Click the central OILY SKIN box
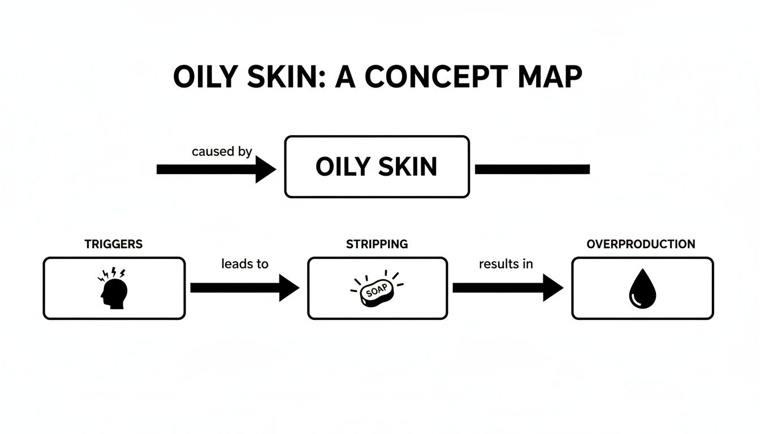pos(377,167)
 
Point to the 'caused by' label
pos(222,151)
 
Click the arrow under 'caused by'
pos(215,169)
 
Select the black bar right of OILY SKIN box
pos(532,169)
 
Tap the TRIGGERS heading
pos(114,244)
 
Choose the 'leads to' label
pos(245,263)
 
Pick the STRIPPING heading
pos(377,244)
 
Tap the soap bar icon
pos(377,291)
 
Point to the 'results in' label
pos(506,263)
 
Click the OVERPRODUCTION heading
pos(641,244)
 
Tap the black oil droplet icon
pos(642,289)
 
